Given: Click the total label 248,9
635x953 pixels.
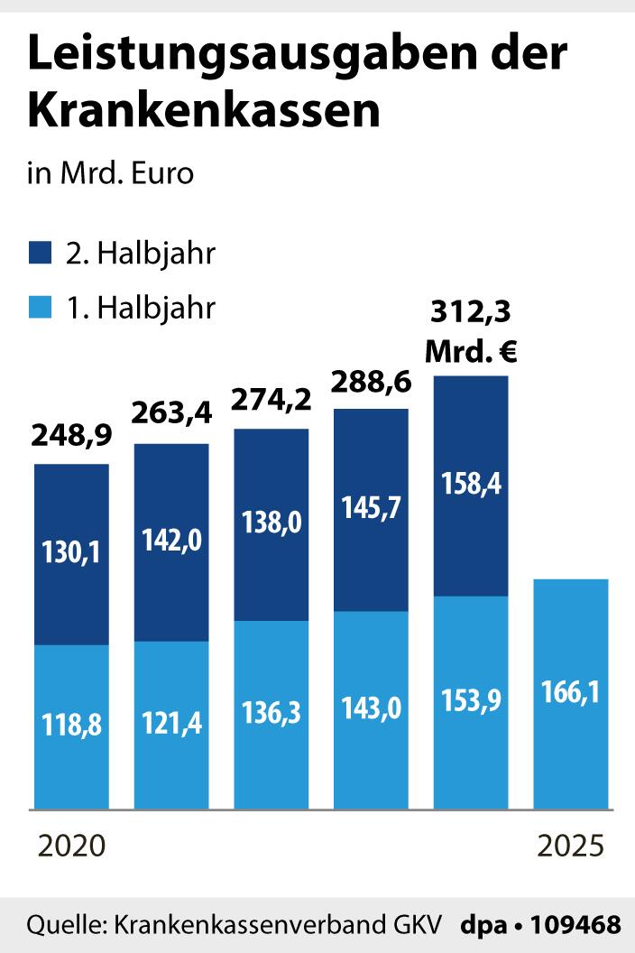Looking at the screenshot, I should click(71, 437).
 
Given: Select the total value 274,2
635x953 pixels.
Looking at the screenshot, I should click(271, 398).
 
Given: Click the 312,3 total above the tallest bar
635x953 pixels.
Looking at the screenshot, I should click(471, 312).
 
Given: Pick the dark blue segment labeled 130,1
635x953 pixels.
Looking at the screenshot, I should click(71, 553).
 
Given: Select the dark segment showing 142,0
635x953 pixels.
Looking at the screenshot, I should click(171, 541).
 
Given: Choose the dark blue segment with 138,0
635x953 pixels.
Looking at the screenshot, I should click(271, 524).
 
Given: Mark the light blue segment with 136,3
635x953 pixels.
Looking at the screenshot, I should click(271, 714).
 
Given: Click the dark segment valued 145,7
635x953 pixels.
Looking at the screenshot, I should click(372, 510).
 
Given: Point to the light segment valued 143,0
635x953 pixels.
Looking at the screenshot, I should click(372, 709).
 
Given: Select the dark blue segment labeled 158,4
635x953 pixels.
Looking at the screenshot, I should click(471, 485).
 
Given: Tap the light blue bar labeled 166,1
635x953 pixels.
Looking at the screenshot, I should click(571, 693).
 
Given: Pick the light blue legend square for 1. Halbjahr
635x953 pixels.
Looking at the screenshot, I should click(41, 309).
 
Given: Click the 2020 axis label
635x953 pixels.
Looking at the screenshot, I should click(71, 847).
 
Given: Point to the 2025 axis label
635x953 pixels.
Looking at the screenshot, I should click(570, 847).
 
